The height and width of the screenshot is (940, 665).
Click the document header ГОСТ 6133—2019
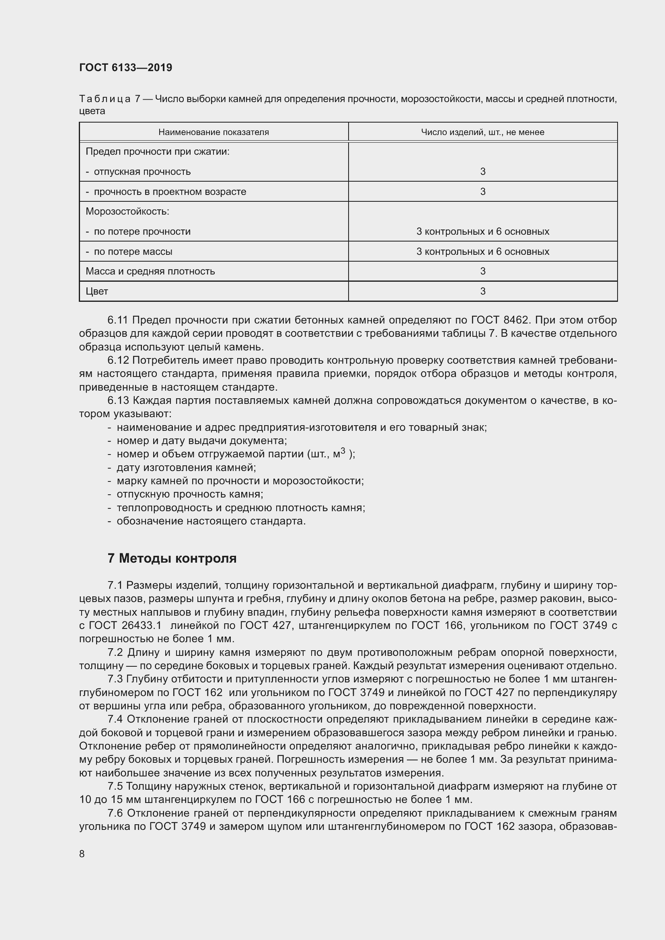pyautogui.click(x=125, y=68)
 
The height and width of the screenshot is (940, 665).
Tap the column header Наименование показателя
pyautogui.click(x=213, y=132)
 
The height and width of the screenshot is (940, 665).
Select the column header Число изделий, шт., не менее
pyautogui.click(x=482, y=132)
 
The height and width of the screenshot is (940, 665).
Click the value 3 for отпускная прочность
pyautogui.click(x=482, y=172)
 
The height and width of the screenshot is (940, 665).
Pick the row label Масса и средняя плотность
pyautogui.click(x=150, y=271)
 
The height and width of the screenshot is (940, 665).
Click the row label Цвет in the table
pyautogui.click(x=96, y=291)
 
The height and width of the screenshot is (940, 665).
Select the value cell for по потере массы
pyautogui.click(x=482, y=251)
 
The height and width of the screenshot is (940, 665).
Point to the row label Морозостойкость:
pyautogui.click(x=127, y=212)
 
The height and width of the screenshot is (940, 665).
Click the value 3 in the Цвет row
pyautogui.click(x=482, y=291)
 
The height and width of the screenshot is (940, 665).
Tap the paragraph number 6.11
pyautogui.click(x=118, y=320)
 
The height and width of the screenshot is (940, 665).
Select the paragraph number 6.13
pyautogui.click(x=118, y=400)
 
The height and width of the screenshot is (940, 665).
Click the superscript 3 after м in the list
pyautogui.click(x=343, y=451)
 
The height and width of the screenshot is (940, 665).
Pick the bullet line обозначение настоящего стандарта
pyautogui.click(x=211, y=521)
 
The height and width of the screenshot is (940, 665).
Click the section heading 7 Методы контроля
pyautogui.click(x=172, y=559)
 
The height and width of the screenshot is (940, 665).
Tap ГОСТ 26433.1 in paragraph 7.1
pyautogui.click(x=120, y=626)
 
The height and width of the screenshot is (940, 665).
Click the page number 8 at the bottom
pyautogui.click(x=82, y=850)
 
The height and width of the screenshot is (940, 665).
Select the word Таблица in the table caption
pyautogui.click(x=105, y=99)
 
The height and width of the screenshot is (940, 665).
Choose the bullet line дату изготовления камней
pyautogui.click(x=186, y=467)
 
